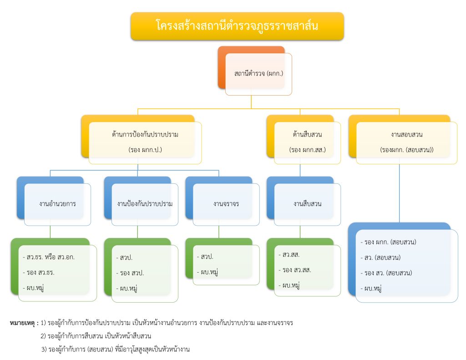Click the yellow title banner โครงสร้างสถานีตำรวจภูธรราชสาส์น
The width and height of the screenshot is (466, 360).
pos(237,26)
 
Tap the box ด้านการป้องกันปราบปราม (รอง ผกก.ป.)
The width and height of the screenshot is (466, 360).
pos(145,142)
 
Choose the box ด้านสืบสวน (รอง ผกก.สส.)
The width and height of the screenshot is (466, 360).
pos(307,142)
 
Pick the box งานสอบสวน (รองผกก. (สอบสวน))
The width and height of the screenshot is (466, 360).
pos(406,142)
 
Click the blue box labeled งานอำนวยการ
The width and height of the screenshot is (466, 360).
pos(57,203)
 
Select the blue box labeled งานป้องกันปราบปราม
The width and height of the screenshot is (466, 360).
pos(144,203)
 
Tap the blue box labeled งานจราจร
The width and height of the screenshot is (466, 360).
pos(226,203)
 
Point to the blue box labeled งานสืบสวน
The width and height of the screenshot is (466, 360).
pos(307,203)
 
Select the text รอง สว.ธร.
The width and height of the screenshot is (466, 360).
pos(41,273)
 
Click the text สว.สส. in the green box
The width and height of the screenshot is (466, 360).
pos(291,254)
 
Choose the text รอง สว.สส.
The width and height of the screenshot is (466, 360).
pos(296,270)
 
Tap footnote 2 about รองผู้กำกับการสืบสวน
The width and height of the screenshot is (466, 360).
pos(96,336)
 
